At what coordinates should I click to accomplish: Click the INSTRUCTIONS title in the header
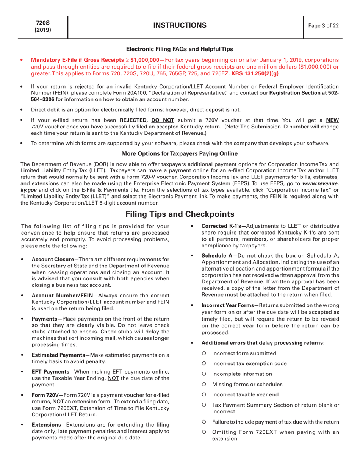coord(180,26)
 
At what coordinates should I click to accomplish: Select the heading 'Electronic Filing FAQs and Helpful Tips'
coord(180,49)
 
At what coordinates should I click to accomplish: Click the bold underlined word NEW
coord(332,120)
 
